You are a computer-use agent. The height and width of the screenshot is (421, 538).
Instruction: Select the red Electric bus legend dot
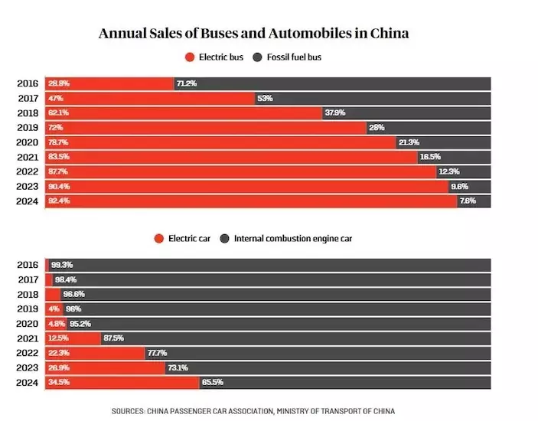click(189, 57)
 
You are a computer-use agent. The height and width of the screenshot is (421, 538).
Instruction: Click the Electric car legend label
click(188, 238)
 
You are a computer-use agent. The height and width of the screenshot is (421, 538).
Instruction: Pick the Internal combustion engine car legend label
click(293, 238)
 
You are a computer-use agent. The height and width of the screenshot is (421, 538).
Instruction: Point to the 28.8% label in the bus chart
click(59, 83)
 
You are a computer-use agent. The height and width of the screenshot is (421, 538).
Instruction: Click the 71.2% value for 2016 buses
click(187, 83)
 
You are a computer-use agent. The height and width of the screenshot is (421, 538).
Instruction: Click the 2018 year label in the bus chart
click(28, 113)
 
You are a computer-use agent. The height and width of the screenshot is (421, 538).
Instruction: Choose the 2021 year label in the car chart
click(28, 338)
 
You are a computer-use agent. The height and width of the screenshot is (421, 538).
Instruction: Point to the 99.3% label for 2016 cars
click(62, 265)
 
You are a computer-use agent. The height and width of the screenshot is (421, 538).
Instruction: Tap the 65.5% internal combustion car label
click(211, 383)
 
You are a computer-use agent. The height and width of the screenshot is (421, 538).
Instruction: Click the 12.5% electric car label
click(60, 338)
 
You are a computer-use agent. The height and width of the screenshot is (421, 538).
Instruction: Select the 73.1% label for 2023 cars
click(178, 367)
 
